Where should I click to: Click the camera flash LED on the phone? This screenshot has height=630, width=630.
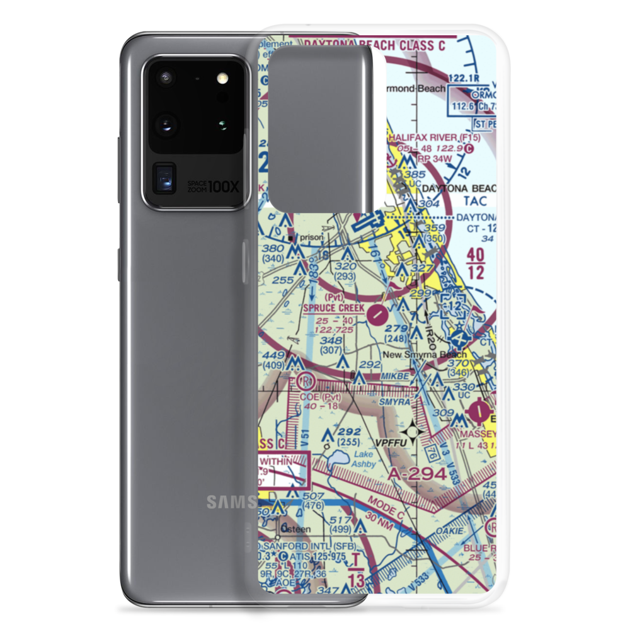(x=221, y=79)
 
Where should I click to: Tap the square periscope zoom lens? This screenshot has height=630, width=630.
(x=164, y=178)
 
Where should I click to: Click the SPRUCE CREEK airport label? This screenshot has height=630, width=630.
(x=334, y=308)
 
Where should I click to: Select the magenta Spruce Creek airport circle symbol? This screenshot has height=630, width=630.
(x=376, y=312)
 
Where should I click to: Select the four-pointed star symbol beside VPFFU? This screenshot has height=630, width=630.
(x=413, y=432)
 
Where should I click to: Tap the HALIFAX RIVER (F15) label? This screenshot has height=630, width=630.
(x=435, y=137)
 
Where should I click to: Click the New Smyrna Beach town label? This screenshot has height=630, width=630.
(x=425, y=355)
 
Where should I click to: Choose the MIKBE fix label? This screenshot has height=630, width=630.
(x=396, y=375)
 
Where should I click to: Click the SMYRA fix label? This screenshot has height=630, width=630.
(x=394, y=400)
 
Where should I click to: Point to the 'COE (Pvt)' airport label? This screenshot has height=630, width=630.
(x=320, y=397)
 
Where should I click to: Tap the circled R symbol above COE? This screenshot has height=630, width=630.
(x=306, y=381)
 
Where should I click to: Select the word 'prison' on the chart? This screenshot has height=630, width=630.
(x=311, y=238)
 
